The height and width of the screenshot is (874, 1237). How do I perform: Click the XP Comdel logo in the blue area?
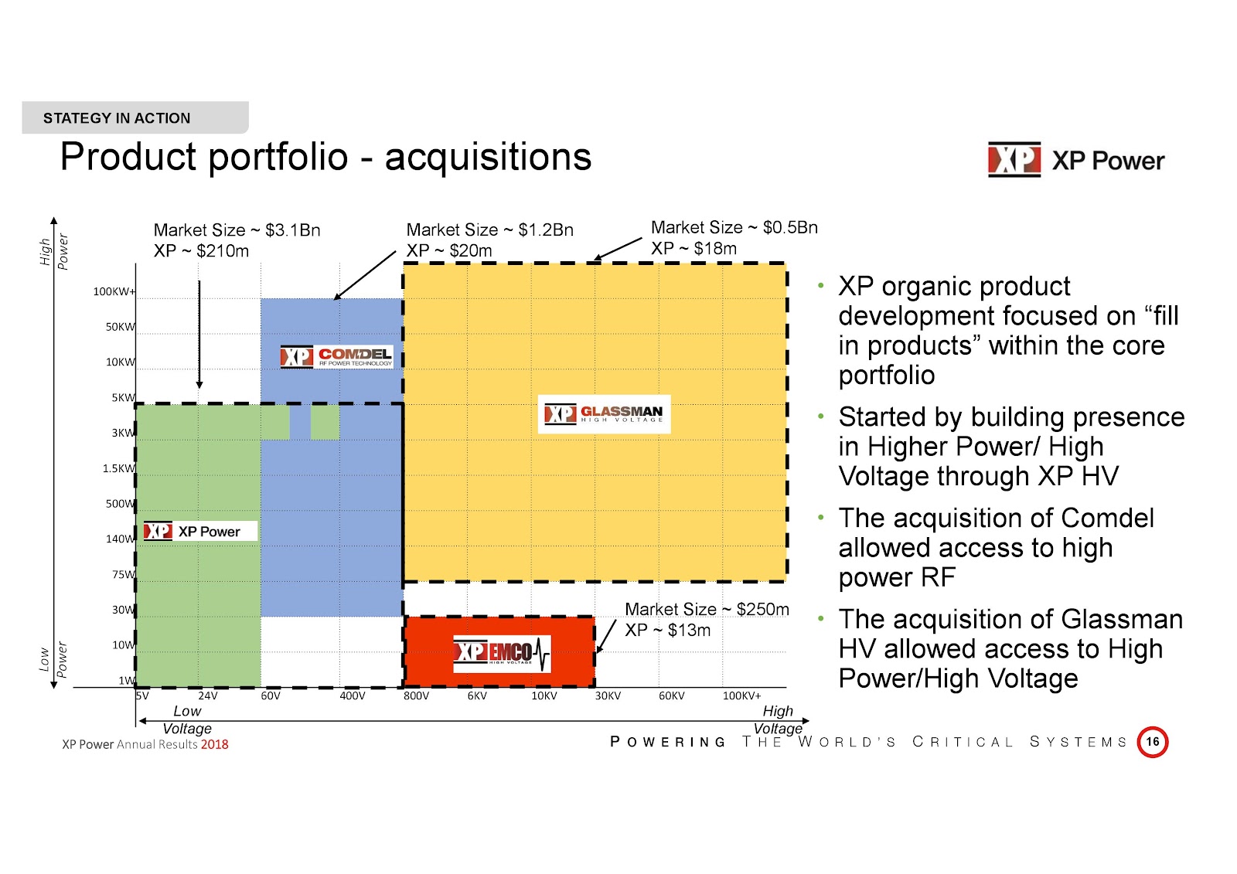tap(336, 357)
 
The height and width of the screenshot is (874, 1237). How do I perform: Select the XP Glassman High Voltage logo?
tap(604, 413)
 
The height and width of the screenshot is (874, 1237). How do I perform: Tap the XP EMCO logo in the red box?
tap(502, 653)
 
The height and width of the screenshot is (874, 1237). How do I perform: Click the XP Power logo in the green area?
tap(200, 531)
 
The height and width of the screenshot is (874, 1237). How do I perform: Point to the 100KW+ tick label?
tap(114, 291)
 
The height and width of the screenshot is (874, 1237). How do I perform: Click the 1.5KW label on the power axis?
tap(119, 468)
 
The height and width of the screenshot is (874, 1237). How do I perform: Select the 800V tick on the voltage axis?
tap(417, 695)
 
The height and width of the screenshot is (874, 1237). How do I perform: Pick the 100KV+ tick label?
tap(741, 695)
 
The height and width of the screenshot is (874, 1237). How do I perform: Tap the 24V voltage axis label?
tap(208, 695)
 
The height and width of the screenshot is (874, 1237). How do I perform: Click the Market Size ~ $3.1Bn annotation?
tap(237, 230)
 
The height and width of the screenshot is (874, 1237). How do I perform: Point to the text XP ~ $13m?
tap(668, 630)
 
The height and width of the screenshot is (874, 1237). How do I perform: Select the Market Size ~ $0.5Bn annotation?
tap(734, 227)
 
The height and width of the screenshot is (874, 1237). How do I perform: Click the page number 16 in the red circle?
tap(1153, 742)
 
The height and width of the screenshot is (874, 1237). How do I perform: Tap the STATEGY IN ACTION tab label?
tap(117, 118)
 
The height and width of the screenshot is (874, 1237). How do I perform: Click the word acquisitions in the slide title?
tap(488, 157)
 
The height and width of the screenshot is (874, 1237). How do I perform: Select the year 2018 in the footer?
tap(214, 744)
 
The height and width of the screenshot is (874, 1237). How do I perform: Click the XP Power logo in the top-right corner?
tap(1075, 160)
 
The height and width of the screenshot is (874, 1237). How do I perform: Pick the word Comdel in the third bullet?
tap(1107, 519)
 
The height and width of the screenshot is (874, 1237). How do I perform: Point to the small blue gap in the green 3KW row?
tap(300, 423)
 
